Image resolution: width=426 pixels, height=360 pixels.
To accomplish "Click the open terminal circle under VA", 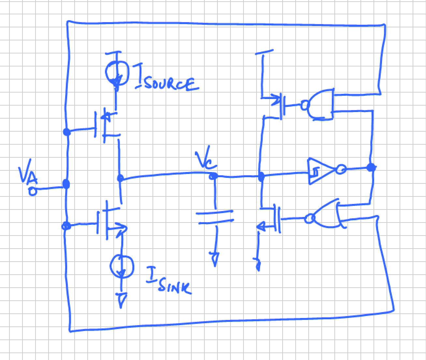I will (32, 191).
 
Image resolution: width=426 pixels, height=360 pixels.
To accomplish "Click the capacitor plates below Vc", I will (215, 217).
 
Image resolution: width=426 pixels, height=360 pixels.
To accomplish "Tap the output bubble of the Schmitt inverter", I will (341, 169).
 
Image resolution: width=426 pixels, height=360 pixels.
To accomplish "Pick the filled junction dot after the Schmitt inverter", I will (371, 167).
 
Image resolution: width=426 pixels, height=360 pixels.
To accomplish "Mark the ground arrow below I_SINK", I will (122, 300).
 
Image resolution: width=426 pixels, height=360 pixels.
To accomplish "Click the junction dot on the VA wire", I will (66, 184).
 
